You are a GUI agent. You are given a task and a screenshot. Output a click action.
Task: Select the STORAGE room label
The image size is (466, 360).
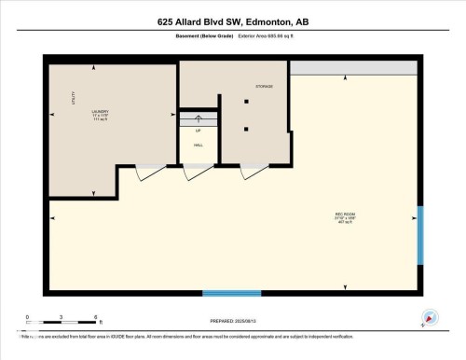(x=264, y=86)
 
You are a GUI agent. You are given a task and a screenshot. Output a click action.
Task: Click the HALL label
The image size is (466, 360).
(x=198, y=145)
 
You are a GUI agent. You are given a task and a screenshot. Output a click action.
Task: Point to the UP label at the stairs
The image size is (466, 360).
(x=198, y=131)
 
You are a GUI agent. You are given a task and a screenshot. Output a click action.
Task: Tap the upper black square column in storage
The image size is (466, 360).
(x=246, y=101)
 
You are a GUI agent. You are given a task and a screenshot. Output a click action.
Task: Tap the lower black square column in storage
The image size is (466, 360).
(x=246, y=129)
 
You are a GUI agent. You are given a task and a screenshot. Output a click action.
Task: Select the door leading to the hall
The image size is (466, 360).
(x=197, y=173)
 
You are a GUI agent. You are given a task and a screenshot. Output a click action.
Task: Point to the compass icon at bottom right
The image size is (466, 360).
(x=429, y=317)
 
